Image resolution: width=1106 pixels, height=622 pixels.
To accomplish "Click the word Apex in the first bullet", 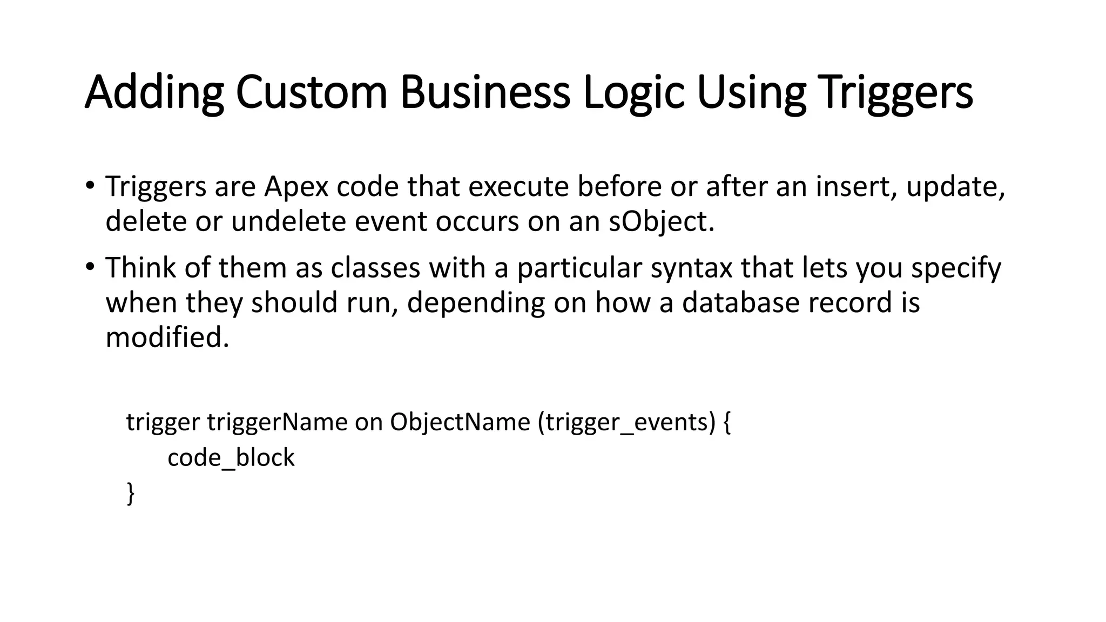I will click(x=296, y=187).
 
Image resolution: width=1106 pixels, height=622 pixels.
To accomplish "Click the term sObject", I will click(x=661, y=221).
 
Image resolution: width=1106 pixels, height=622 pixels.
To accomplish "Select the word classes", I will click(x=375, y=268).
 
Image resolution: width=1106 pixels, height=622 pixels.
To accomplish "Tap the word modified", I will click(x=167, y=337).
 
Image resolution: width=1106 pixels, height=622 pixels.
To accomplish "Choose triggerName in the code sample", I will click(x=277, y=422).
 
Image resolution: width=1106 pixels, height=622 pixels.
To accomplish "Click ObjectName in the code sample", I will click(x=460, y=422).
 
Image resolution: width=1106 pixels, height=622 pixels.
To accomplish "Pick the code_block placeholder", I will click(x=231, y=458).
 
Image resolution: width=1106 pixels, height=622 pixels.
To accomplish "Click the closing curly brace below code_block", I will click(x=130, y=493).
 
